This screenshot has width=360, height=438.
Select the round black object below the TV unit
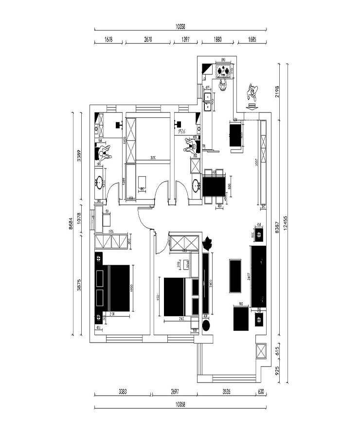[206, 326]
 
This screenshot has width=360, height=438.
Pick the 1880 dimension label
[218, 40]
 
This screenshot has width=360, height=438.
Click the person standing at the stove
[223, 86]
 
